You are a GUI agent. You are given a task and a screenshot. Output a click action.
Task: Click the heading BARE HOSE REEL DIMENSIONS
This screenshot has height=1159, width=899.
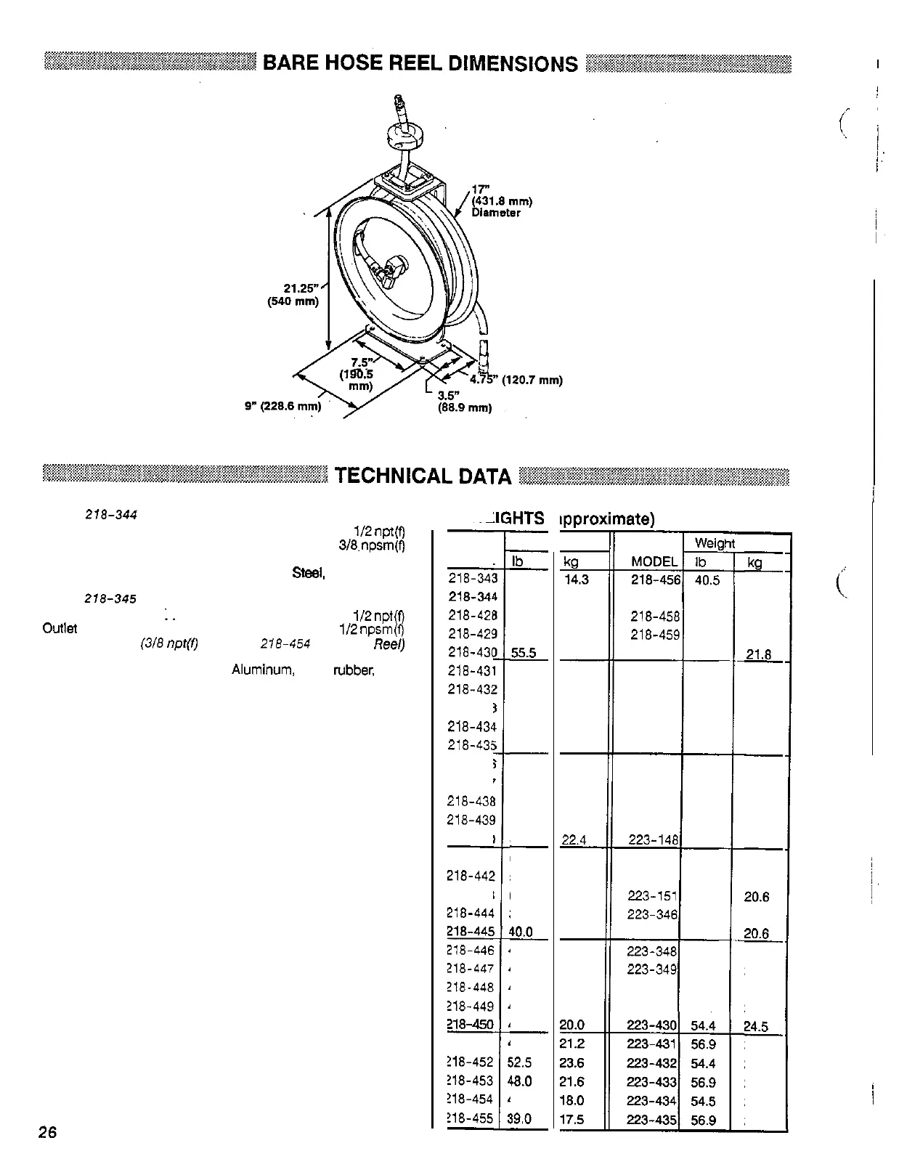click(420, 63)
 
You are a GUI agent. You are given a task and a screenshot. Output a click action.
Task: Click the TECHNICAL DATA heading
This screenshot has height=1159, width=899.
click(423, 476)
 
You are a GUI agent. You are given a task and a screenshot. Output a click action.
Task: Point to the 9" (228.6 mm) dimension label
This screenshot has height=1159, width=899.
click(282, 407)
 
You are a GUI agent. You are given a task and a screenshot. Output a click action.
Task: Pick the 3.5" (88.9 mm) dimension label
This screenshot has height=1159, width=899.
click(464, 402)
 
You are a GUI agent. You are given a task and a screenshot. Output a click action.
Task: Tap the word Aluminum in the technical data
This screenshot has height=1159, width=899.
click(263, 670)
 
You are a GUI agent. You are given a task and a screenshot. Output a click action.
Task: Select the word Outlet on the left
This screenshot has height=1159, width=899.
click(60, 628)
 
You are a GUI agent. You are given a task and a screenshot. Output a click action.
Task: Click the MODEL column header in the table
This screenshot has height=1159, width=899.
click(654, 562)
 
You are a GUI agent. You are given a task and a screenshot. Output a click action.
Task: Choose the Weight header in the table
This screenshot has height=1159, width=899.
click(715, 543)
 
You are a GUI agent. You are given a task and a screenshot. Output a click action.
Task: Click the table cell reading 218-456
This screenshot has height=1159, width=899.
click(656, 579)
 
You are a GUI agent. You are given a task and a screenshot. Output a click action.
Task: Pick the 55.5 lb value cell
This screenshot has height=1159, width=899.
click(524, 653)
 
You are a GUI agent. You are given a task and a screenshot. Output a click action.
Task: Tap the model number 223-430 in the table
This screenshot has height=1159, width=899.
click(651, 1025)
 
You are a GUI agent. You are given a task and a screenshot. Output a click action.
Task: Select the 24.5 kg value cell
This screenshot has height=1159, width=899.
click(756, 1026)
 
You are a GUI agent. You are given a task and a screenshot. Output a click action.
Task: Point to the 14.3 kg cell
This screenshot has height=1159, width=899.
click(575, 579)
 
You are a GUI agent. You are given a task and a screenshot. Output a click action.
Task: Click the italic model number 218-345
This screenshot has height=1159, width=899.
click(111, 600)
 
